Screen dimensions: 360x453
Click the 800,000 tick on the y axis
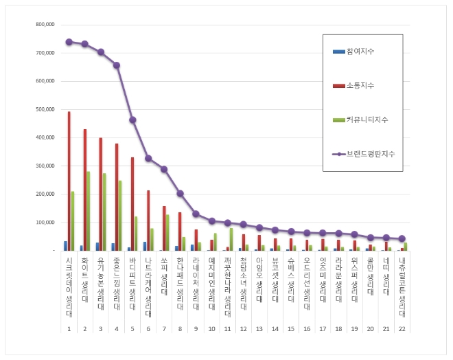coord(45,24)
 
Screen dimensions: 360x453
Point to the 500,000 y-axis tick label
coord(45,109)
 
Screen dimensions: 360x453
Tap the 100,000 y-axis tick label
coord(45,223)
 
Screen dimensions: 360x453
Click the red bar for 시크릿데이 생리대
coord(69,181)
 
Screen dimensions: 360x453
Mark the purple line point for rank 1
coord(69,42)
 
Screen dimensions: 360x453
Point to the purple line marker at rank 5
coord(132,120)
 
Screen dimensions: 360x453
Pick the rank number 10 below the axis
coord(212,328)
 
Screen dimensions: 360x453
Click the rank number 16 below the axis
coord(307,328)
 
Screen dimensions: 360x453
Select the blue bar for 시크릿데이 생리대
coord(65,246)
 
